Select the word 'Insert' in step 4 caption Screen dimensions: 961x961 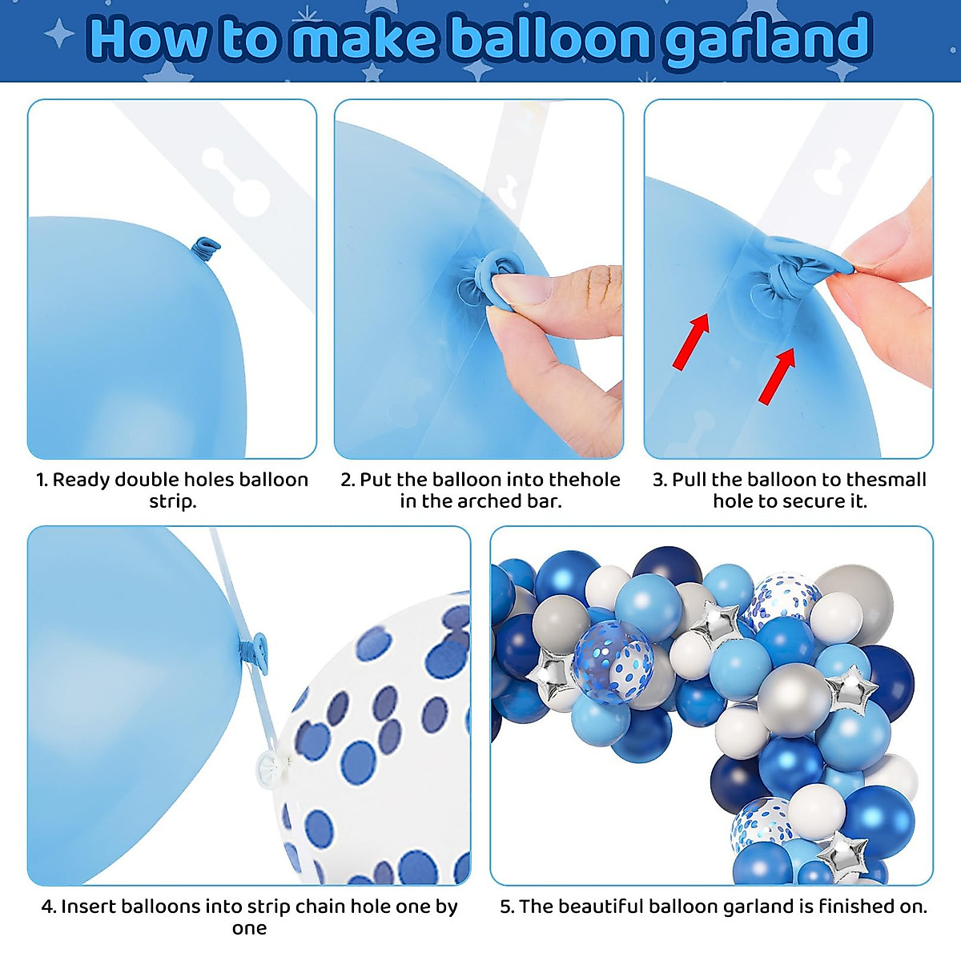click(x=90, y=907)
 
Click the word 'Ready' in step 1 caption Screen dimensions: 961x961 click(x=81, y=480)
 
